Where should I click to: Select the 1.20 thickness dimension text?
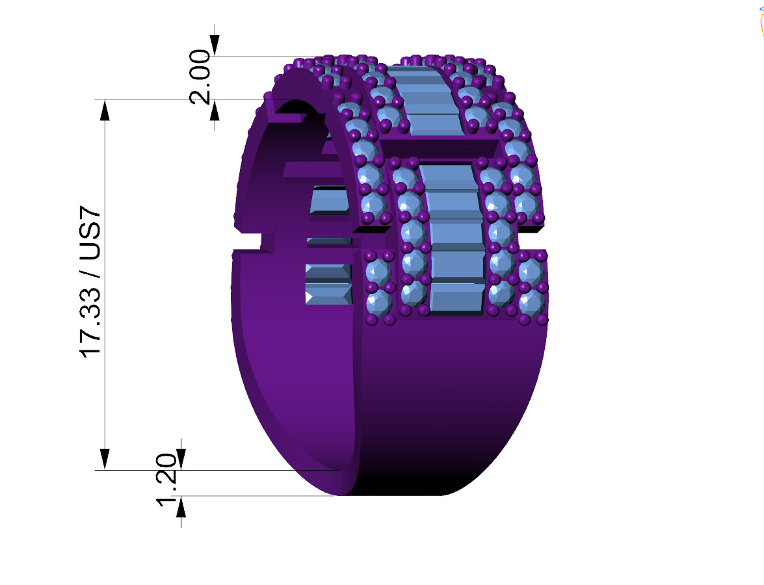click(x=166, y=476)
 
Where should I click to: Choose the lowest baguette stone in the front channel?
click(x=457, y=299)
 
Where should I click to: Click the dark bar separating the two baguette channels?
click(x=439, y=148)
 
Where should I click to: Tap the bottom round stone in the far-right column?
click(x=532, y=302)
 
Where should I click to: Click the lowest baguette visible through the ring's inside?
click(x=328, y=294)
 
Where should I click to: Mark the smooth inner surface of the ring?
click(x=293, y=364)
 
